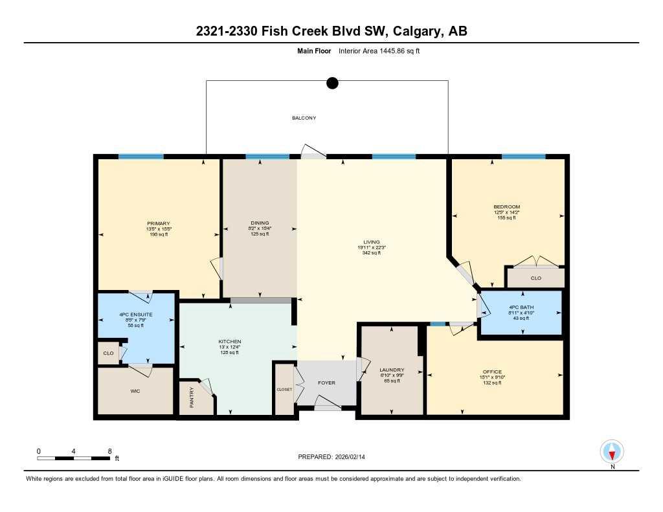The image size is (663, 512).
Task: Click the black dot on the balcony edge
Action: tap(332, 82)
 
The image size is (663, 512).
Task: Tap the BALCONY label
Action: tap(304, 118)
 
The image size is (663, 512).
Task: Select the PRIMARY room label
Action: tap(158, 223)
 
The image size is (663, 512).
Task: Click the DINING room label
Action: tap(259, 223)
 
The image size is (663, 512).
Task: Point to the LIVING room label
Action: tap(372, 242)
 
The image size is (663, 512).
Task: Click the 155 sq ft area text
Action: tap(506, 218)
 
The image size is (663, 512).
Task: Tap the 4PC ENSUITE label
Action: tap(135, 314)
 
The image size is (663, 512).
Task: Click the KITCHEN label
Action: tap(230, 341)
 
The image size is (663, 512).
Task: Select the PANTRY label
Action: tap(192, 402)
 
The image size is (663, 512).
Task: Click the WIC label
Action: tap(135, 391)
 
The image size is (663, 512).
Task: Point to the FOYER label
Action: tap(326, 383)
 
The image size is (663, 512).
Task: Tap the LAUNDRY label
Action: tap(392, 370)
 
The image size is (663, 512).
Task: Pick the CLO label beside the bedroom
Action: tap(535, 278)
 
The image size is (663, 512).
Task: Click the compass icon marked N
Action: tap(612, 451)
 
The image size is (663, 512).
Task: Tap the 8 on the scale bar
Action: tap(110, 451)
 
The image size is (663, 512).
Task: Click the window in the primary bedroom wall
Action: tap(140, 156)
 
